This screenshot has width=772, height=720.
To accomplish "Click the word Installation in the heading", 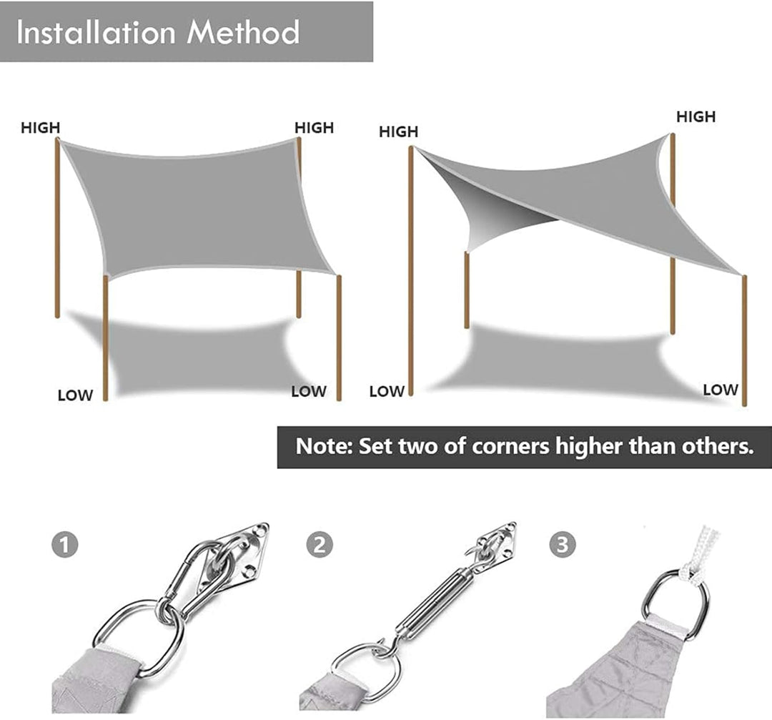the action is [x=96, y=32].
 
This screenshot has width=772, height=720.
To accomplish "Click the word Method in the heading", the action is [x=243, y=32].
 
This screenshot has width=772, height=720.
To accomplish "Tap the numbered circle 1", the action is [x=65, y=545].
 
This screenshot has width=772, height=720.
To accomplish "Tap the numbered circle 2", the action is [x=320, y=545].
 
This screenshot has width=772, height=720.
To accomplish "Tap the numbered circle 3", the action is [x=563, y=545].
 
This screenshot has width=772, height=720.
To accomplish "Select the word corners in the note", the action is [x=510, y=447].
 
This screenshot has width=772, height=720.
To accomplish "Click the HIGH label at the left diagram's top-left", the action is [x=40, y=127].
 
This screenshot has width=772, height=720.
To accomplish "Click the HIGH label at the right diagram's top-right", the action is [x=696, y=117].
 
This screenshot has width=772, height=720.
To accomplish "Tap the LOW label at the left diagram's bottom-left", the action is [x=75, y=395].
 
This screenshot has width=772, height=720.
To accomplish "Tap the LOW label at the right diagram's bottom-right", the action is [x=721, y=390].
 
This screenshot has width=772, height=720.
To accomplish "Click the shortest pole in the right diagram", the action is [x=466, y=290].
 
